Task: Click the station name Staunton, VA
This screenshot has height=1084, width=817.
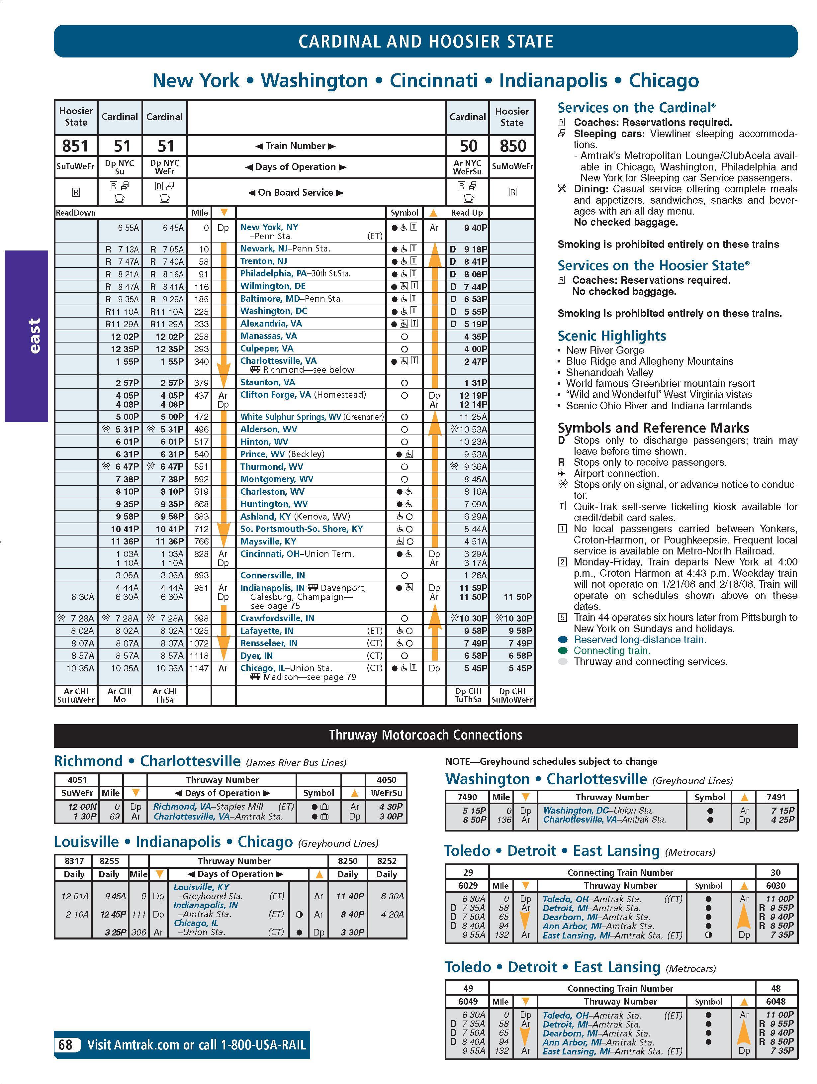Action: click(267, 382)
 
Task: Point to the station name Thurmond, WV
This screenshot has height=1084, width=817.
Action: click(271, 466)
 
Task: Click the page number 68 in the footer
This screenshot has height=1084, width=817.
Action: click(66, 1045)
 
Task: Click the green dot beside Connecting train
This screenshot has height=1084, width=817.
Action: click(563, 651)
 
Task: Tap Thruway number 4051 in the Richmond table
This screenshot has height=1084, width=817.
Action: click(77, 780)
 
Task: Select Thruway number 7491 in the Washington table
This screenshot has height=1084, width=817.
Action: click(776, 797)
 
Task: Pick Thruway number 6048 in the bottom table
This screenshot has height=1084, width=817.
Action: click(776, 1002)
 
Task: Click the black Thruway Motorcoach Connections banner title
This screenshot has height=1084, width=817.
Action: click(426, 735)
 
